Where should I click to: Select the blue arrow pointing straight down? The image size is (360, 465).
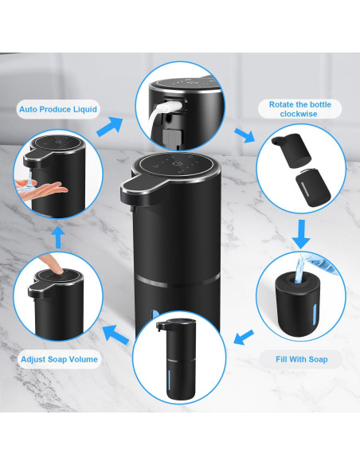(x=301, y=234)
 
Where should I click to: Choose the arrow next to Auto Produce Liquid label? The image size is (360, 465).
(x=111, y=125)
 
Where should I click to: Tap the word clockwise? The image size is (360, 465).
(x=299, y=114)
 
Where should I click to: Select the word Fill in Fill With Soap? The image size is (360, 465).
(x=278, y=359)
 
